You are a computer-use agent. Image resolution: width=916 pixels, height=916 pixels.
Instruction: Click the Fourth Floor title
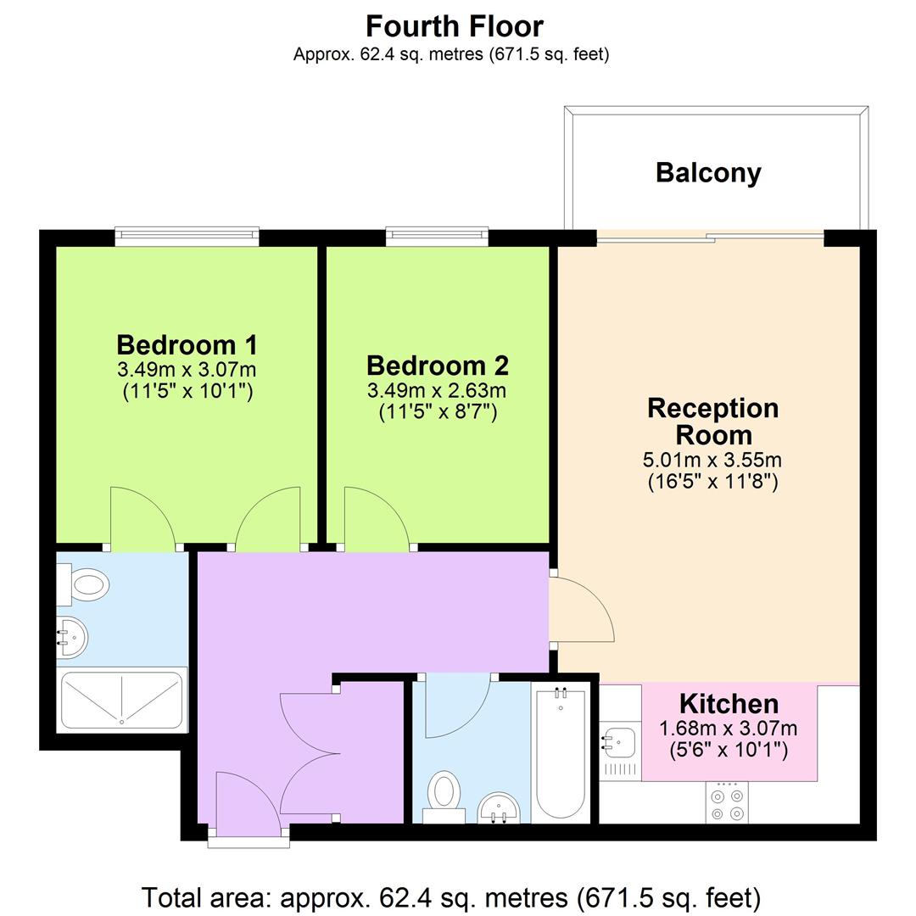point(454,26)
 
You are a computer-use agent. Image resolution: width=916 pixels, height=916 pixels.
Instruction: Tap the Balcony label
point(708,173)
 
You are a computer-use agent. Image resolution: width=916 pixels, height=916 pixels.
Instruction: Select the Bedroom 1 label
point(187,345)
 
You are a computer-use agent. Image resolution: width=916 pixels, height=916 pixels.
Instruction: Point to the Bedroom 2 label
point(437,366)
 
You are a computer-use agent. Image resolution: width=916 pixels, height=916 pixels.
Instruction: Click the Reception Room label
point(712,422)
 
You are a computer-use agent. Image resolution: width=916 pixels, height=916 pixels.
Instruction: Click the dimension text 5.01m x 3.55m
point(712,461)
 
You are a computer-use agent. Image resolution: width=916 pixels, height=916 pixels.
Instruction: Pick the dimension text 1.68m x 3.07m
point(728,729)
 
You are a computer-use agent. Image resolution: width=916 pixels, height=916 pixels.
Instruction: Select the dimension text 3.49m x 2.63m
point(437,390)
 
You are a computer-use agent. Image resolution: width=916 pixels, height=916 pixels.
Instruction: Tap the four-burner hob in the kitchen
point(728,803)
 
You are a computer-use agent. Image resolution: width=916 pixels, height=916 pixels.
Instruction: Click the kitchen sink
point(618,744)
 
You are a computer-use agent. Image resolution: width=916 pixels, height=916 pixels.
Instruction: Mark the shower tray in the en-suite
point(122,700)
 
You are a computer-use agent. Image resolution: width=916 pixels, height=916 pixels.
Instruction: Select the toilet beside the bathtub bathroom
point(444,793)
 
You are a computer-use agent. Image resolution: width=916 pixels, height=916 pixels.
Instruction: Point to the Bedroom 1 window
point(187,236)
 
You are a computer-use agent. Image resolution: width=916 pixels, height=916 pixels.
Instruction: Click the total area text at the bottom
point(450,896)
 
